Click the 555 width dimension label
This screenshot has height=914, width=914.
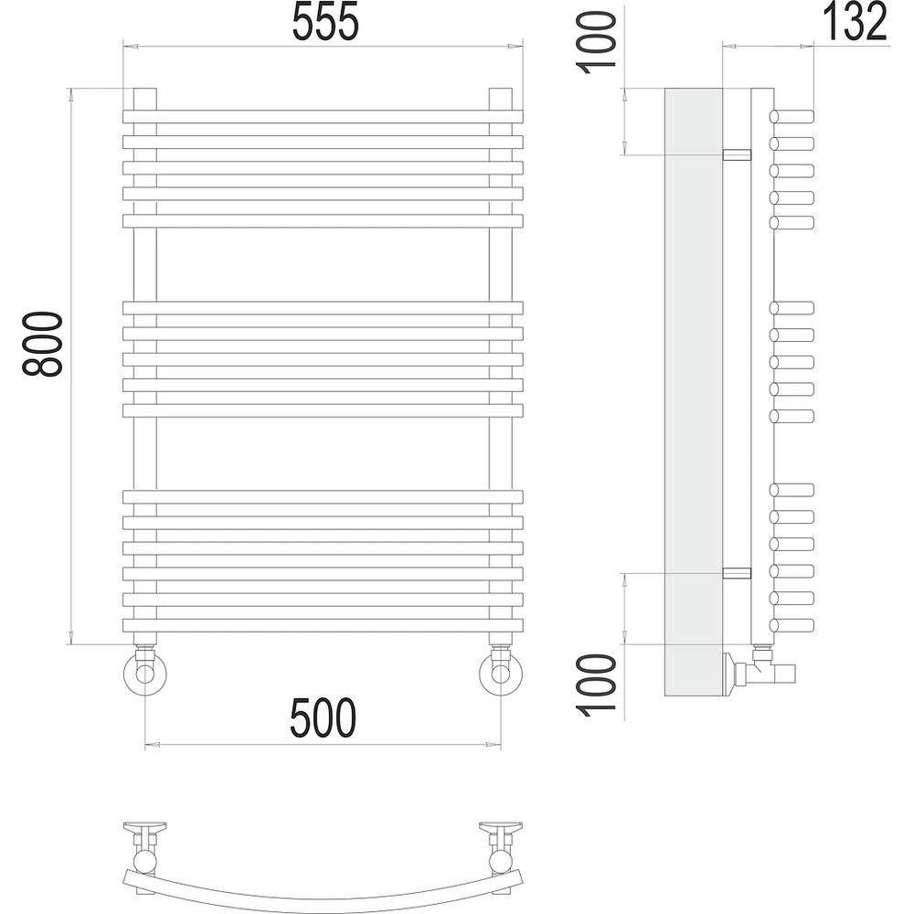pyautogui.click(x=325, y=22)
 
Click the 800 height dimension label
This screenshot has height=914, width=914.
pyautogui.click(x=42, y=344)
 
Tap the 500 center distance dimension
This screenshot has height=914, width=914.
pyautogui.click(x=323, y=717)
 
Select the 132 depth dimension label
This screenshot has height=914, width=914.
pyautogui.click(x=855, y=22)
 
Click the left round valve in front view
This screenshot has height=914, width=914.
pyautogui.click(x=144, y=674)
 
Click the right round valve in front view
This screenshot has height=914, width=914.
pyautogui.click(x=501, y=674)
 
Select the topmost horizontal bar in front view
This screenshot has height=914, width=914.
pyautogui.click(x=323, y=117)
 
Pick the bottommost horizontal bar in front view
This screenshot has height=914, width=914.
pyautogui.click(x=323, y=625)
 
